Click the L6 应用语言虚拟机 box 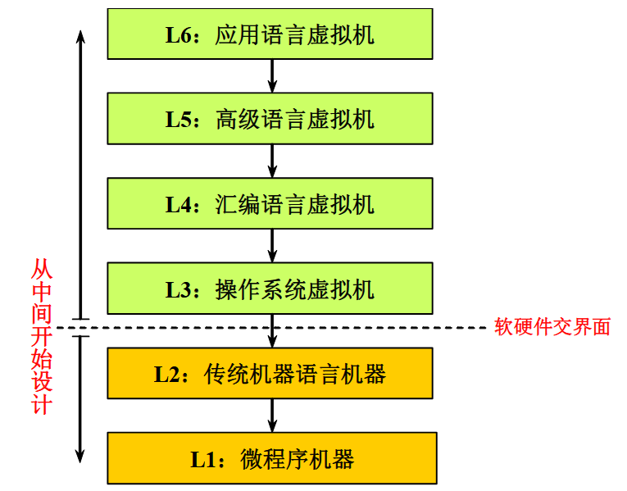tap(270, 34)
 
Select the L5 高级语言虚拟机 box tap(270, 119)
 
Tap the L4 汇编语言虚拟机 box tap(270, 203)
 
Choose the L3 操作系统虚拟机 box tap(270, 289)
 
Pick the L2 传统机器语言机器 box tap(270, 374)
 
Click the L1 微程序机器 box tap(270, 458)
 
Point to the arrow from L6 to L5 tap(272, 76)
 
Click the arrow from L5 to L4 tap(272, 161)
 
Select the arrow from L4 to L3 tap(272, 246)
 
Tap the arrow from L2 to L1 tap(272, 416)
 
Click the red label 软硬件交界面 tap(552, 326)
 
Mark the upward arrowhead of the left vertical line tap(80, 38)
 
